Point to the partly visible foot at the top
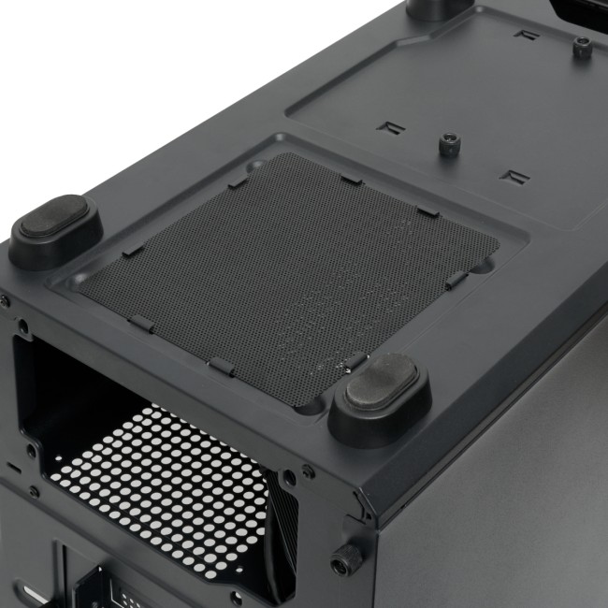(x=439, y=7)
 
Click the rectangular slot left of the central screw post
(x=388, y=126)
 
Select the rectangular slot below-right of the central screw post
(x=514, y=176)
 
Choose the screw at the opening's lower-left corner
(x=35, y=490)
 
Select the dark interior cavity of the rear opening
(x=84, y=393)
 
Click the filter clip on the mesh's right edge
(x=457, y=279)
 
